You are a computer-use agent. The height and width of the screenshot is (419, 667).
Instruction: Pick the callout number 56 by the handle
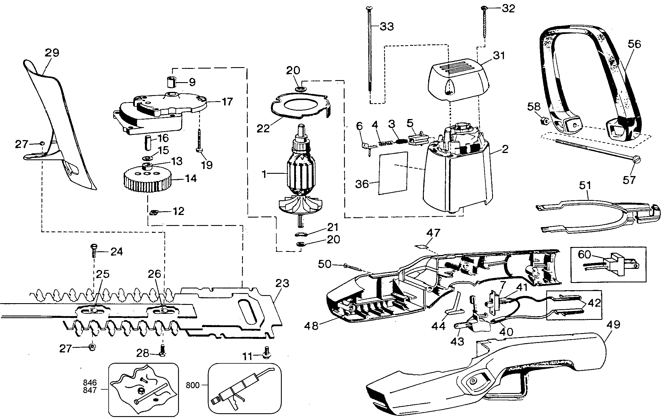pos(634,44)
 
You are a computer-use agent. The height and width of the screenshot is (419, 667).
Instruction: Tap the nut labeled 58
pos(544,121)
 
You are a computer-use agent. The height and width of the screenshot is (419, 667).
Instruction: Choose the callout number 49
pos(613,325)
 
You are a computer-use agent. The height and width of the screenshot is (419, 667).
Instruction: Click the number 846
pos(90,383)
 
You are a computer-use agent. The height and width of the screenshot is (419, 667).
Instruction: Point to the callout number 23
pos(282,283)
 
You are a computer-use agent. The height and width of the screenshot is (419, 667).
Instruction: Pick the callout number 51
pos(585,185)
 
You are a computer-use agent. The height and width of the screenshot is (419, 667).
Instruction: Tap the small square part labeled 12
pos(154,212)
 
